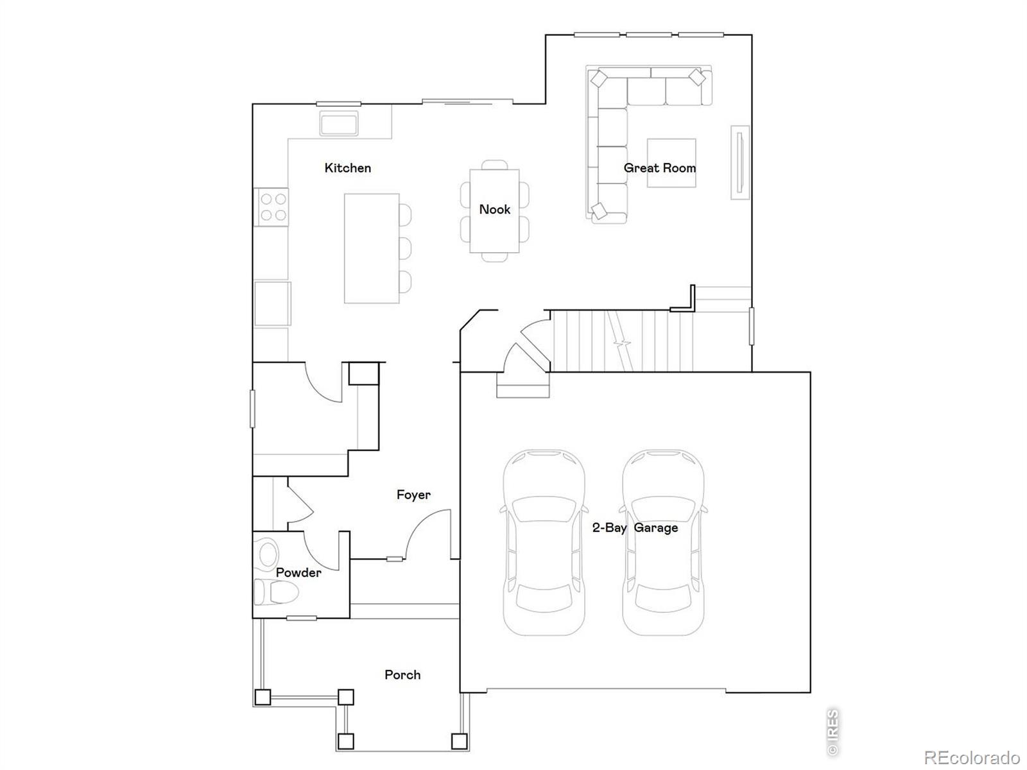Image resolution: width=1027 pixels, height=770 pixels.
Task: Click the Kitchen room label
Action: click(x=348, y=168)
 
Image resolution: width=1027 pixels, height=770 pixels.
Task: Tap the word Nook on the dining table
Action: click(x=494, y=209)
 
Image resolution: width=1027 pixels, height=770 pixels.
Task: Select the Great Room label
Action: click(x=660, y=168)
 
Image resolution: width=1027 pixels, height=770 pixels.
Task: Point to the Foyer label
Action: click(x=413, y=495)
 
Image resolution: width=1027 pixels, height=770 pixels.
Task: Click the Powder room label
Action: click(x=298, y=572)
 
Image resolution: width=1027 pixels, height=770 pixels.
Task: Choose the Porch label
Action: click(x=402, y=674)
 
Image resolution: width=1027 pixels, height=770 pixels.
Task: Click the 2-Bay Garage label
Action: click(x=635, y=528)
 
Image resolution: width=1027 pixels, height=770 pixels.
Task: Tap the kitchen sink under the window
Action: click(x=339, y=123)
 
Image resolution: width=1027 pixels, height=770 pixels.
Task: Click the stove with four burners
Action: click(x=272, y=207)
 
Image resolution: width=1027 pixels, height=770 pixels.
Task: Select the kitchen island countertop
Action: click(x=372, y=248)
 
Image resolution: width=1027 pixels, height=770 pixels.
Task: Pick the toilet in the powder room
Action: click(x=275, y=592)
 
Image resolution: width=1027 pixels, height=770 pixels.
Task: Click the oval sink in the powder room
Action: click(x=268, y=553)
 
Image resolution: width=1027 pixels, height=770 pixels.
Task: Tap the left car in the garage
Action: click(x=544, y=542)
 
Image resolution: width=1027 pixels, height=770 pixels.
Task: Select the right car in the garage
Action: click(x=663, y=542)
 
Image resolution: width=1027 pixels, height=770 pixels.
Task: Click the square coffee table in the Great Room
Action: click(x=671, y=163)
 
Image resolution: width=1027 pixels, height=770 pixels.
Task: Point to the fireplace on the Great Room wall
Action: click(x=740, y=162)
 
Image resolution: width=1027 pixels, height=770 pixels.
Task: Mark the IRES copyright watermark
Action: click(x=833, y=732)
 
